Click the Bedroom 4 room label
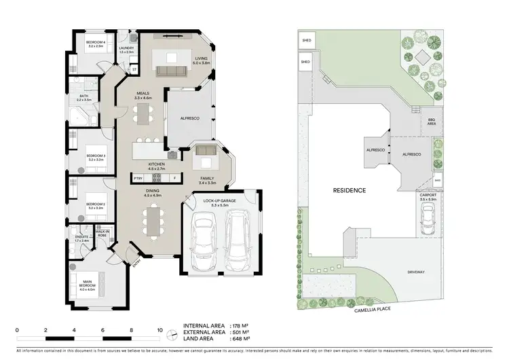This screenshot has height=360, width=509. pos(94,44)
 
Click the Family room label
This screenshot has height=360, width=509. pos(207,180)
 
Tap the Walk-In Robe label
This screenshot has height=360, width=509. pos(102,234)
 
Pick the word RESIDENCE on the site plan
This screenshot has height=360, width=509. pos(349,190)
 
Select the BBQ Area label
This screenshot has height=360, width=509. pos(432,122)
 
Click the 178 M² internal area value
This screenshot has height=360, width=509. pos(240,326)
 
